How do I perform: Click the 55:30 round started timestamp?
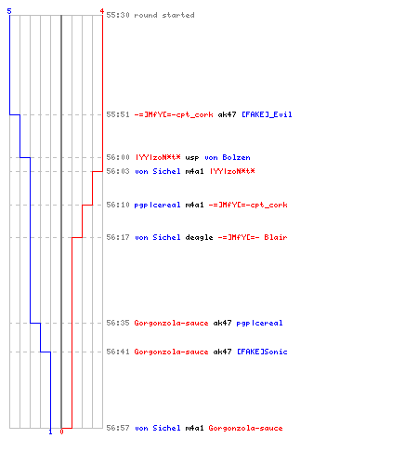pyautogui.click(x=118, y=15)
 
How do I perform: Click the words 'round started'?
pyautogui.click(x=164, y=15)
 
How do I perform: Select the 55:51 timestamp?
pyautogui.click(x=118, y=114)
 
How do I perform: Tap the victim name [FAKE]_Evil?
pyautogui.click(x=267, y=114)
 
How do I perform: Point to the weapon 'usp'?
pyautogui.click(x=192, y=157)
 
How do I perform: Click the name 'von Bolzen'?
pyautogui.click(x=228, y=157)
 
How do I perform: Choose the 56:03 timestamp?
pyautogui.click(x=118, y=171)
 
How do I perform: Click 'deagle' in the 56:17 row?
pyautogui.click(x=199, y=237)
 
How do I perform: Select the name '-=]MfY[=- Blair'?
pyautogui.click(x=253, y=237)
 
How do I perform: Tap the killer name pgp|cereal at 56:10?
pyautogui.click(x=157, y=205)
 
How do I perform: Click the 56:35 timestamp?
pyautogui.click(x=118, y=323)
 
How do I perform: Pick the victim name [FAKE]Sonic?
pyautogui.click(x=262, y=352)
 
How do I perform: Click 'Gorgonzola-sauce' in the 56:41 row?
pyautogui.click(x=171, y=352)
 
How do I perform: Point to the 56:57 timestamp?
pyautogui.click(x=118, y=428)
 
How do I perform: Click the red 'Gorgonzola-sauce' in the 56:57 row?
pyautogui.click(x=245, y=428)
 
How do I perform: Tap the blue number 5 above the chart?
pyautogui.click(x=9, y=11)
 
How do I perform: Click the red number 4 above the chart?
pyautogui.click(x=101, y=11)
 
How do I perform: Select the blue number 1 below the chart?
pyautogui.click(x=50, y=432)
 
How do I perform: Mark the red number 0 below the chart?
pyautogui.click(x=61, y=432)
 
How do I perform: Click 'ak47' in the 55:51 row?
pyautogui.click(x=227, y=114)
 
